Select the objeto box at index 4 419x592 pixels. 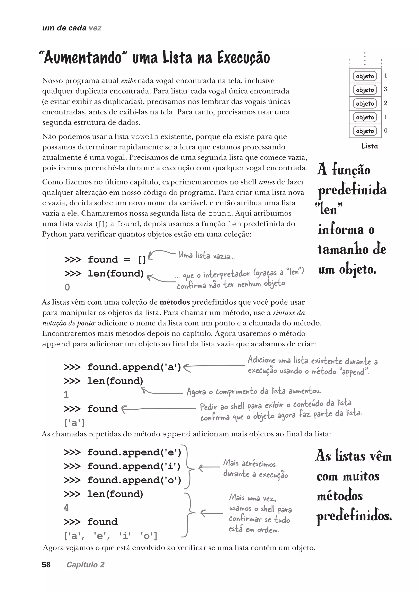[x=365, y=76]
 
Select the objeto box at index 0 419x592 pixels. [x=365, y=131]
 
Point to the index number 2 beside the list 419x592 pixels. [x=385, y=103]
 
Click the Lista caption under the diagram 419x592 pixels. [x=369, y=146]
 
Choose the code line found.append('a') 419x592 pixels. [x=123, y=367]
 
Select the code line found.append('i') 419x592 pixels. [x=123, y=466]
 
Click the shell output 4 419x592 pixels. [x=66, y=508]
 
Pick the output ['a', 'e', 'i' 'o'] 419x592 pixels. [x=110, y=536]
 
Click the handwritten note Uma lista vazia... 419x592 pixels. [x=206, y=256]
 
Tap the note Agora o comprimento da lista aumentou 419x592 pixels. [x=254, y=391]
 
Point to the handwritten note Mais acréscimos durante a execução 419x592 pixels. [x=255, y=469]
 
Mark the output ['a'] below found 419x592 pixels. [x=74, y=423]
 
